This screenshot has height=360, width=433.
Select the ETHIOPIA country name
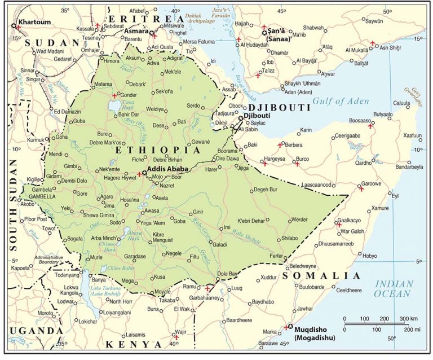[x=157, y=151]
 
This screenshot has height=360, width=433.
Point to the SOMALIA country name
[x=321, y=275]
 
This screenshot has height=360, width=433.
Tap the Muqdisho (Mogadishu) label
[x=315, y=332]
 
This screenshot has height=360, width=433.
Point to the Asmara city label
[x=138, y=32]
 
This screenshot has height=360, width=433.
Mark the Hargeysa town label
[x=279, y=159]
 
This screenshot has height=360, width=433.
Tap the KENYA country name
[x=132, y=344]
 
